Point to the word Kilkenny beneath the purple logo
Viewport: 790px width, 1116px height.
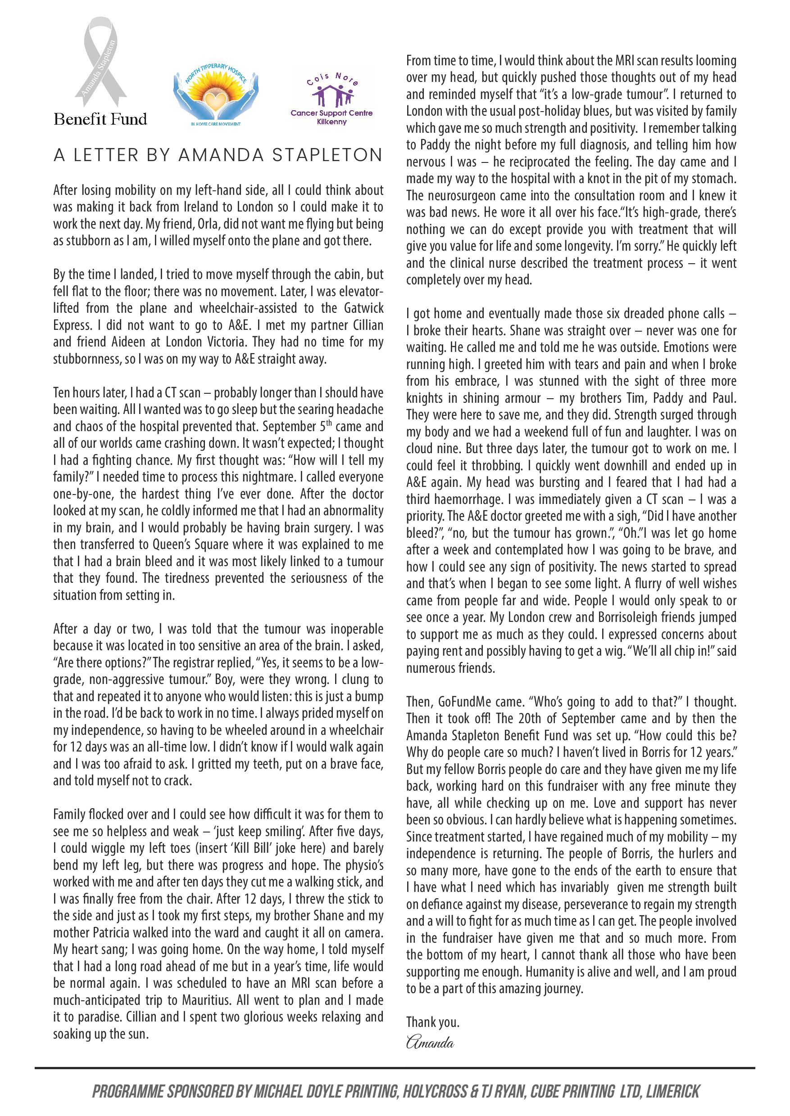pyautogui.click(x=332, y=122)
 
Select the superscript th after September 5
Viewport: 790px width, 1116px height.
pyautogui.click(x=329, y=423)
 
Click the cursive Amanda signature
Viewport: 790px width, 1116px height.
pyautogui.click(x=430, y=1043)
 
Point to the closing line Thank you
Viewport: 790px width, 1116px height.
pyautogui.click(x=432, y=1023)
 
